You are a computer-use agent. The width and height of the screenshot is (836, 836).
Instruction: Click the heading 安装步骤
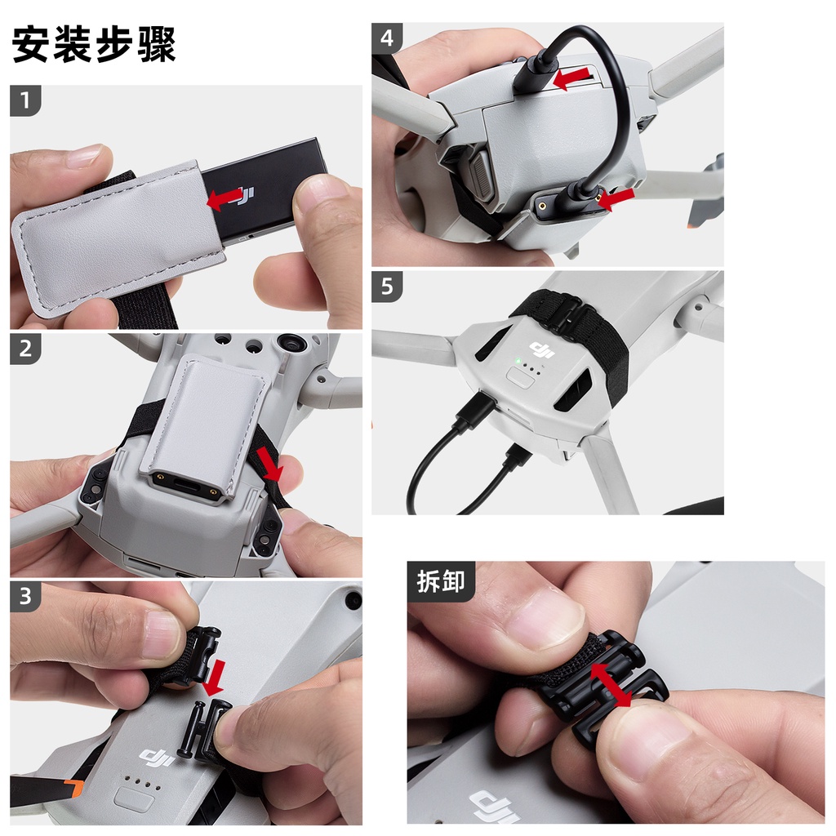pyautogui.click(x=94, y=46)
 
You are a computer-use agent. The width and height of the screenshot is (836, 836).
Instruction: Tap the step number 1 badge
pyautogui.click(x=26, y=101)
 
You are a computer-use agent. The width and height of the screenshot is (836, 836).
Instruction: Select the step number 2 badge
pyautogui.click(x=26, y=349)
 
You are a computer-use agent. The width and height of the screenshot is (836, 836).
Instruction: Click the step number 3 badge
pyautogui.click(x=26, y=596)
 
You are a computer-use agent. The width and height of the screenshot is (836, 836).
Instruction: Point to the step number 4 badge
pyautogui.click(x=388, y=38)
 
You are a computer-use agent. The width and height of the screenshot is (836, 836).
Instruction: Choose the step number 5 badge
pyautogui.click(x=388, y=287)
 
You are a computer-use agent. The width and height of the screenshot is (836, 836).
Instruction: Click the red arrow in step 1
pyautogui.click(x=225, y=198)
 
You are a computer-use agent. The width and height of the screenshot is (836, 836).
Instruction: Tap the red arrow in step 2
pyautogui.click(x=269, y=464)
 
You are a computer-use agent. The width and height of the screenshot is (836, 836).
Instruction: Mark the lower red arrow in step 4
pyautogui.click(x=616, y=198)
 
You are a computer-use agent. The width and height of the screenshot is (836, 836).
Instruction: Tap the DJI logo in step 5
pyautogui.click(x=543, y=350)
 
